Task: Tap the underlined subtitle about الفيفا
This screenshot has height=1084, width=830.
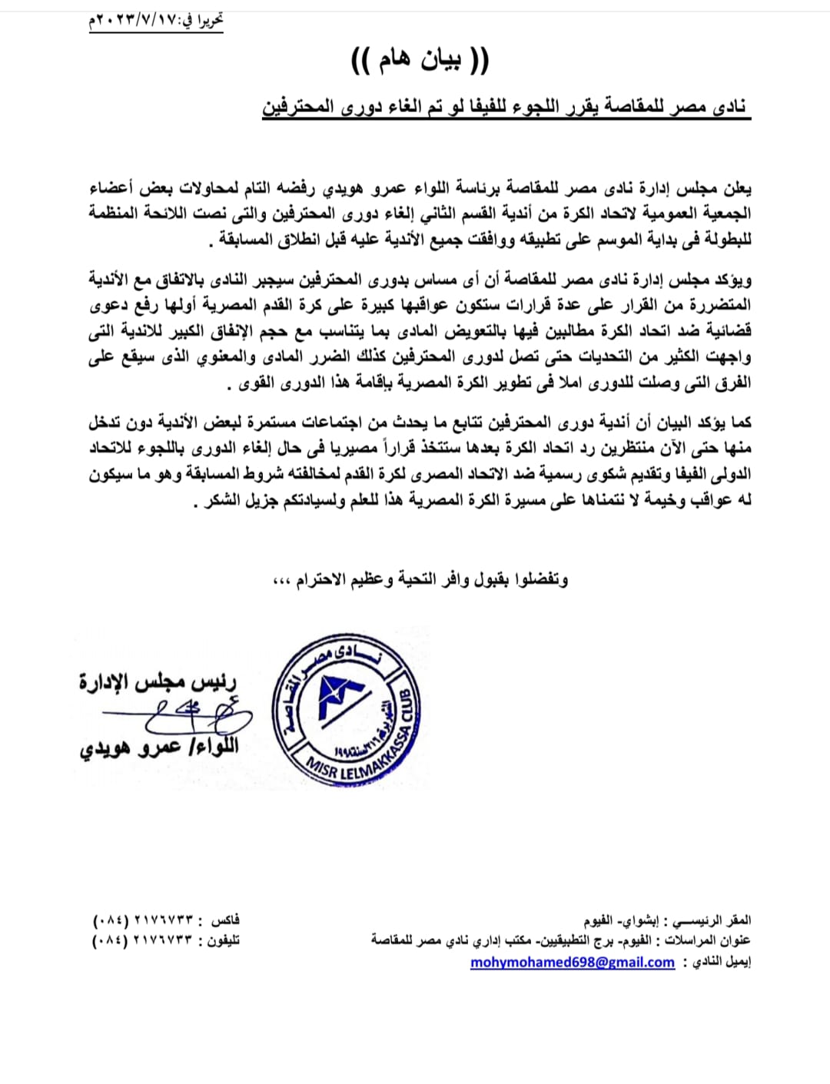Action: pos(505,107)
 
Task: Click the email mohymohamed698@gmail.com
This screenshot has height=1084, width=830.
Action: pos(573,963)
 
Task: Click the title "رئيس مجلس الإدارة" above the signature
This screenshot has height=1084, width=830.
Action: pos(158,681)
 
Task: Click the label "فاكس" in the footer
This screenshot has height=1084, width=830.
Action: pos(225,920)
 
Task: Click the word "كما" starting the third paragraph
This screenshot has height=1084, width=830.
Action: pos(742,422)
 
